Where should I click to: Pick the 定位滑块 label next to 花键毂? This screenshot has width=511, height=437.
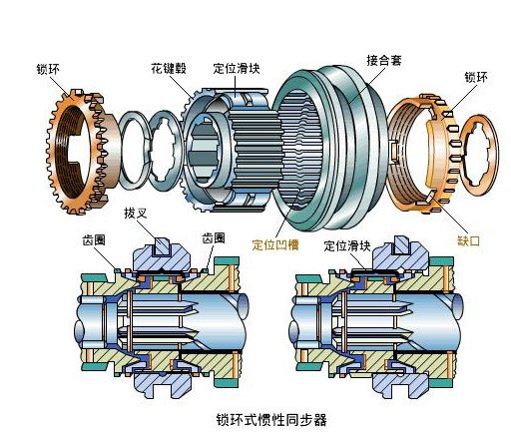[x=237, y=71]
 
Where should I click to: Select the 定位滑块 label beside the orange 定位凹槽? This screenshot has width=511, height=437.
[x=346, y=242]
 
